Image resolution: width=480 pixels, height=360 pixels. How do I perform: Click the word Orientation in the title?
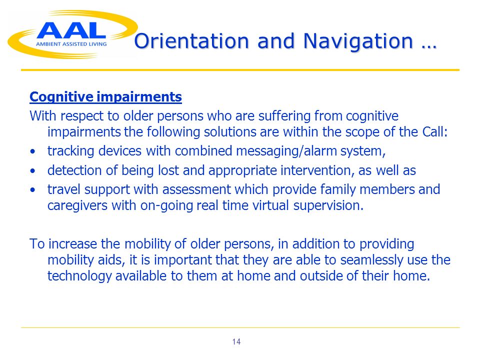tap(191, 41)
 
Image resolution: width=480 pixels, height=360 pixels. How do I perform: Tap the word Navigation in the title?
tap(358, 42)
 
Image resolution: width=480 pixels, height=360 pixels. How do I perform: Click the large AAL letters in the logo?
tap(71, 30)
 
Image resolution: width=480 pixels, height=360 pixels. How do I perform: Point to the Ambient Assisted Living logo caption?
tap(71, 44)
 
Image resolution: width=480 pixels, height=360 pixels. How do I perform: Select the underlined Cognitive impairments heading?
tap(105, 97)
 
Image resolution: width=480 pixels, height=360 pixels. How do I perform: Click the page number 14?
tap(236, 341)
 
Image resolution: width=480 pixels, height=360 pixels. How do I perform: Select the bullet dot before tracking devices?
tap(33, 151)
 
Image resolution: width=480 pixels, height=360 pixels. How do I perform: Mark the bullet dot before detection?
tap(33, 170)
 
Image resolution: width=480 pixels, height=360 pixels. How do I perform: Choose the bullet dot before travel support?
tap(33, 190)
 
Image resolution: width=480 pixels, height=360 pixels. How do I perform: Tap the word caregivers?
tap(77, 205)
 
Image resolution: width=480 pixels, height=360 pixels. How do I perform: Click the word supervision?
tap(328, 205)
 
